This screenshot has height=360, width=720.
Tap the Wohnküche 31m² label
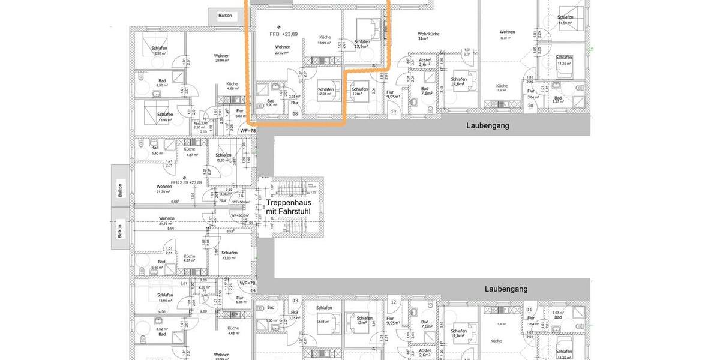tap(428, 36)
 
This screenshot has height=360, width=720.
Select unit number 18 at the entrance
tap(295, 113)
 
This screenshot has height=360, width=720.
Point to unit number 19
tap(394, 112)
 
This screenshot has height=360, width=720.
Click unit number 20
tap(530, 106)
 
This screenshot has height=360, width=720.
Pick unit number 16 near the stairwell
tap(241, 196)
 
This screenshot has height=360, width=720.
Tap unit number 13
tap(295, 301)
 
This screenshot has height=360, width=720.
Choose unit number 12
tap(394, 302)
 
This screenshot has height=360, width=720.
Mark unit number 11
tap(530, 310)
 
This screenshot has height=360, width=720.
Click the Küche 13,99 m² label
tap(325, 40)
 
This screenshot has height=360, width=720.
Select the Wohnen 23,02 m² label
tap(283, 50)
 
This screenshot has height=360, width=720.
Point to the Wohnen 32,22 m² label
tap(507, 34)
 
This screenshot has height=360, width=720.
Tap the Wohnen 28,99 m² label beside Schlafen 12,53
tap(221, 58)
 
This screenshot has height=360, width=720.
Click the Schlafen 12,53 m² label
tap(159, 50)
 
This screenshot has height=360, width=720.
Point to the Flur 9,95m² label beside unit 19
tap(394, 94)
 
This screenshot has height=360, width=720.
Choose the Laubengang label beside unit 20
tap(487, 125)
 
